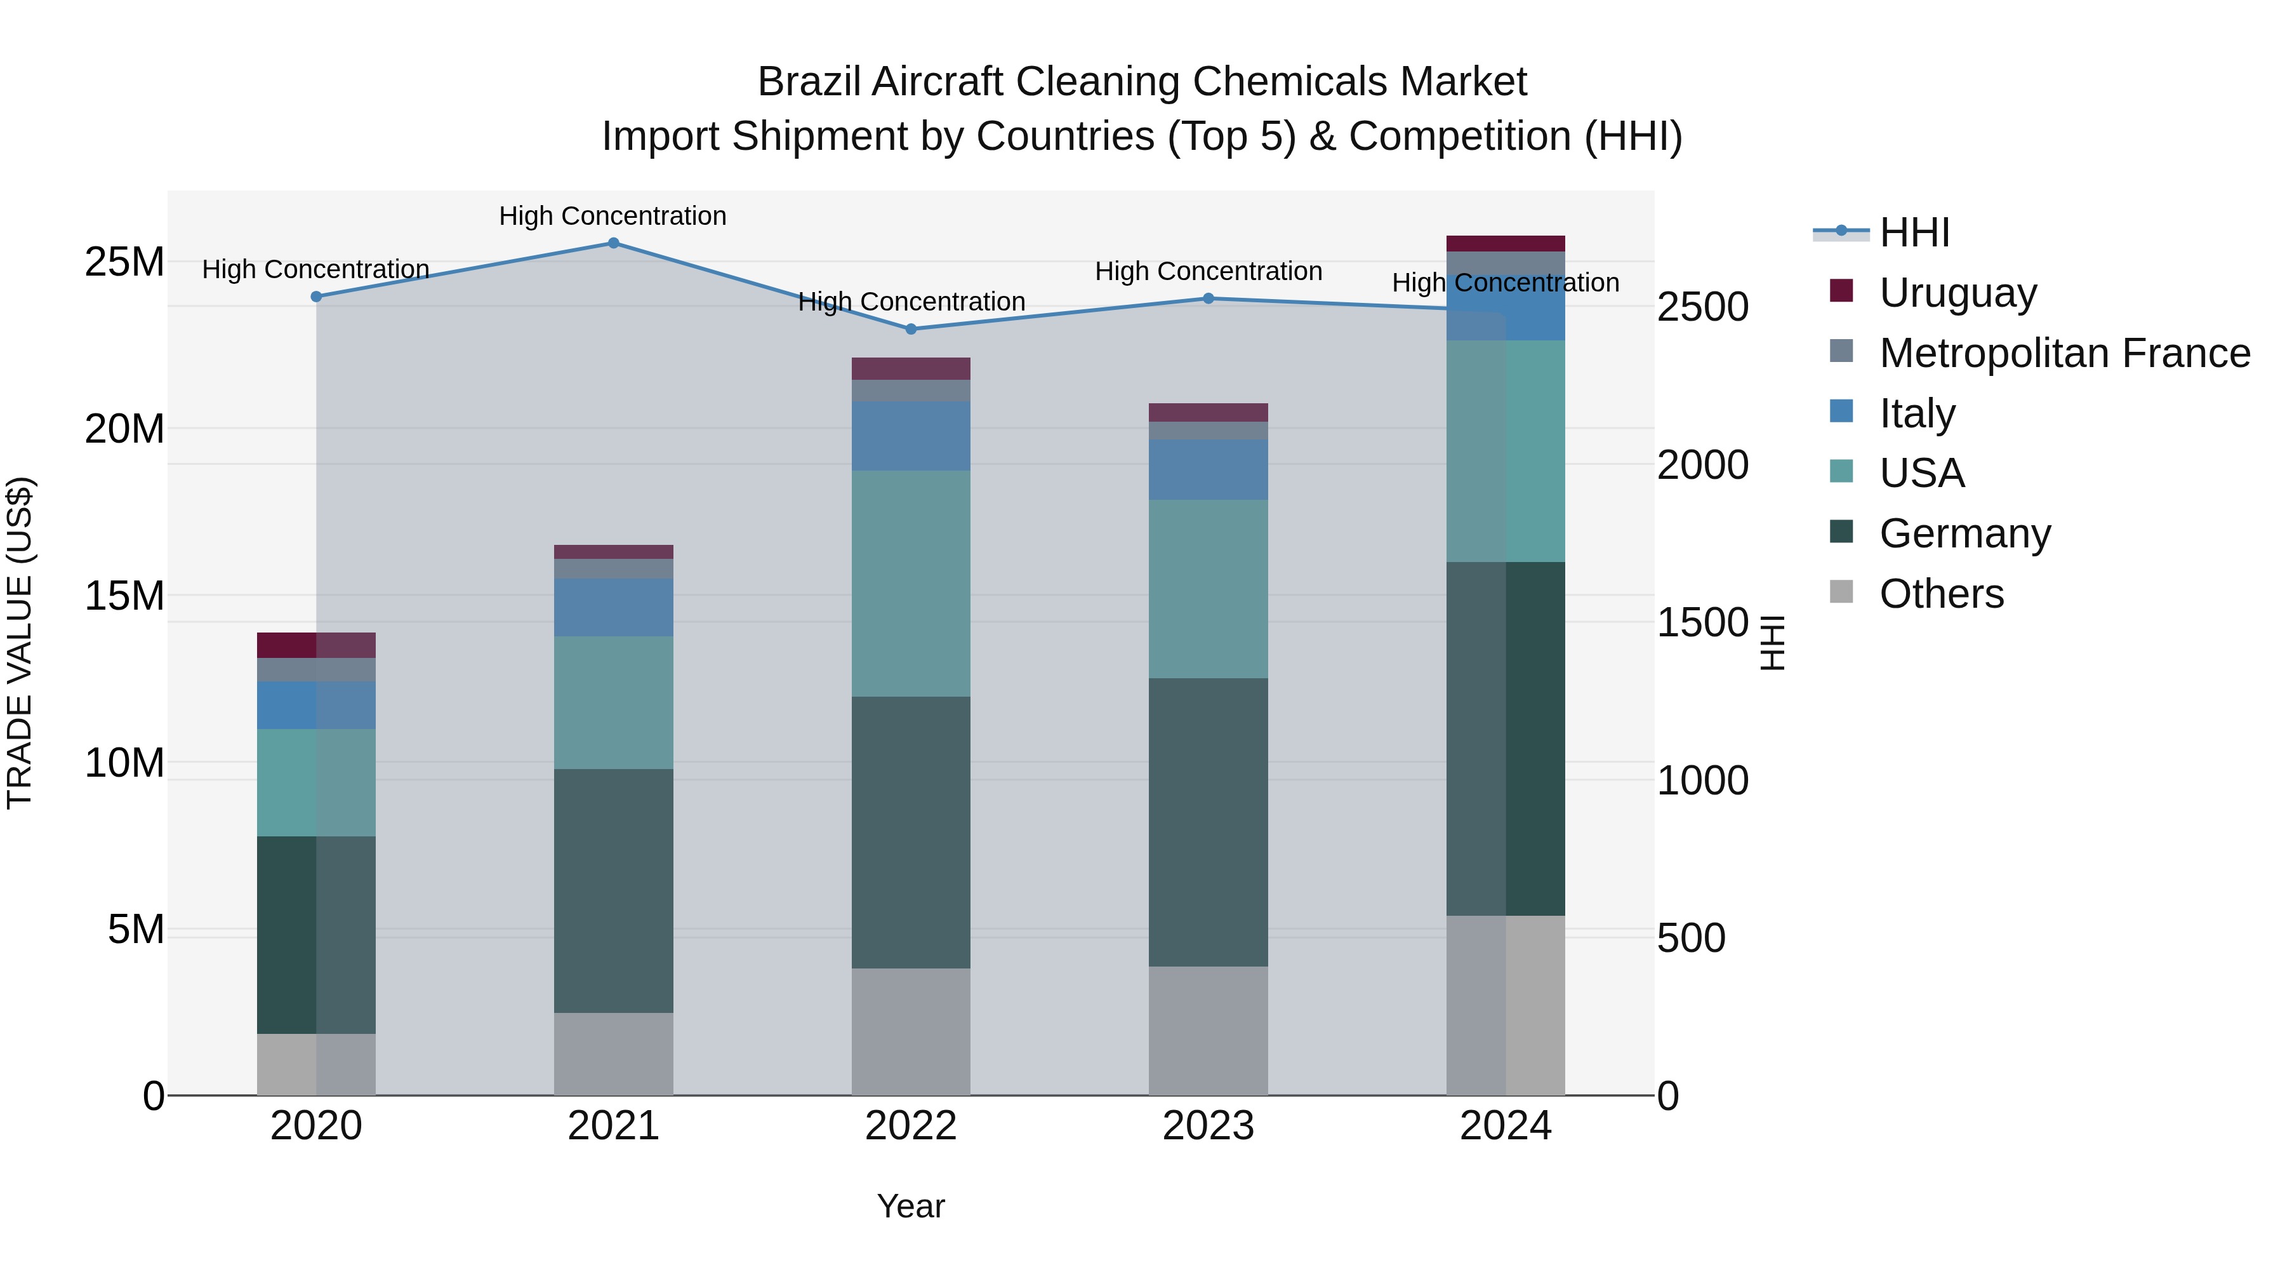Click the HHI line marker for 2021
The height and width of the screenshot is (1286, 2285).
[613, 243]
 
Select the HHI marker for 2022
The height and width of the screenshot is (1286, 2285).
[910, 329]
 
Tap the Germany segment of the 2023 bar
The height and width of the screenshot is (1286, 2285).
[1208, 822]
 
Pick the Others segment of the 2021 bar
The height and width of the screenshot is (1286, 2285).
[613, 1054]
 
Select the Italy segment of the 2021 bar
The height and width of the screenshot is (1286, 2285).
[613, 607]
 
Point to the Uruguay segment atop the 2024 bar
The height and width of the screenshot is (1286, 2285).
[1506, 244]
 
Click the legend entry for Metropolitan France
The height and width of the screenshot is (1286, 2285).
[2064, 353]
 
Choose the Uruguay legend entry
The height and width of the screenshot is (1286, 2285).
[1957, 293]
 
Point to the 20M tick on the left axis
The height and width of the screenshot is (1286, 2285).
[124, 429]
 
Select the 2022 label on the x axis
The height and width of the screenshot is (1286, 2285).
[910, 1126]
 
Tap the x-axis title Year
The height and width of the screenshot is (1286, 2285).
[910, 1206]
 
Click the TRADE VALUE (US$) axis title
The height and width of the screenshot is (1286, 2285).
[20, 643]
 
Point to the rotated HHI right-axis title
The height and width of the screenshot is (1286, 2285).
[1772, 643]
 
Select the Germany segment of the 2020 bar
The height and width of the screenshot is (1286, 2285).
[316, 935]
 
